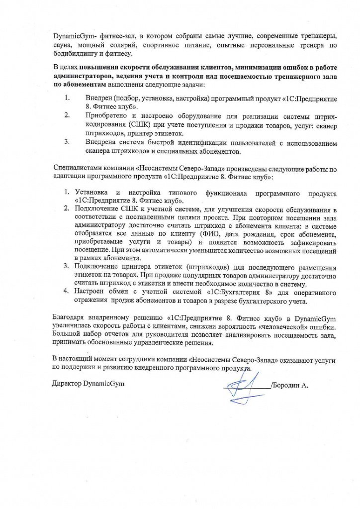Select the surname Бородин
288,385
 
